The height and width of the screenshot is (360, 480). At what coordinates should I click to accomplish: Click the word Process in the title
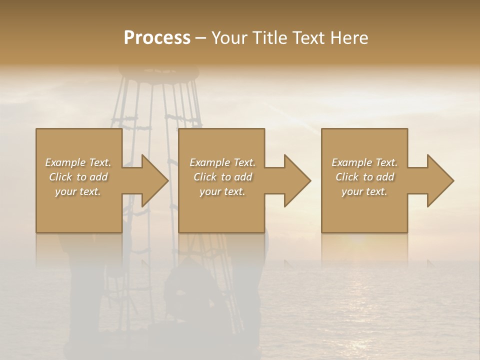pos(157,38)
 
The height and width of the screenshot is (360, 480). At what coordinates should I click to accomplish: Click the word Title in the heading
pos(269,38)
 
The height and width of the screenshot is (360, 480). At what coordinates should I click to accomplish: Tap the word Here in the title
pos(348,38)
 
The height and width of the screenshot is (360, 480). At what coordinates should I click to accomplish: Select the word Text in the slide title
pos(309,38)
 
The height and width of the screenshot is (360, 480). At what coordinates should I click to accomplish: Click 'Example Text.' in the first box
pos(78,162)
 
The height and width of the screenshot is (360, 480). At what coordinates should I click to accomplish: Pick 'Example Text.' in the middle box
pos(222,162)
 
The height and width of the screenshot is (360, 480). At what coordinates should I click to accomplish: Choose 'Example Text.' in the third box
pos(364,162)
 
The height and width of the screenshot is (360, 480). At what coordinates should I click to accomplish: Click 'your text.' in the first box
pos(78,191)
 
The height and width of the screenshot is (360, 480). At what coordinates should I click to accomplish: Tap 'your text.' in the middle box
pos(222,191)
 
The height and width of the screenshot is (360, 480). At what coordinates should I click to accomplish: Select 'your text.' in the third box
pos(364,191)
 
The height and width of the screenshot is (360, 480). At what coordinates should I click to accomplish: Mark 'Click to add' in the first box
pos(78,177)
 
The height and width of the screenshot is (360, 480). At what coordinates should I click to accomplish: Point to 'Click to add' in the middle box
pos(222,177)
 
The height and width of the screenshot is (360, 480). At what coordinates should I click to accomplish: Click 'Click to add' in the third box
pos(364,177)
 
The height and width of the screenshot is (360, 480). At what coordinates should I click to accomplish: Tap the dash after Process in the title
pos(200,38)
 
